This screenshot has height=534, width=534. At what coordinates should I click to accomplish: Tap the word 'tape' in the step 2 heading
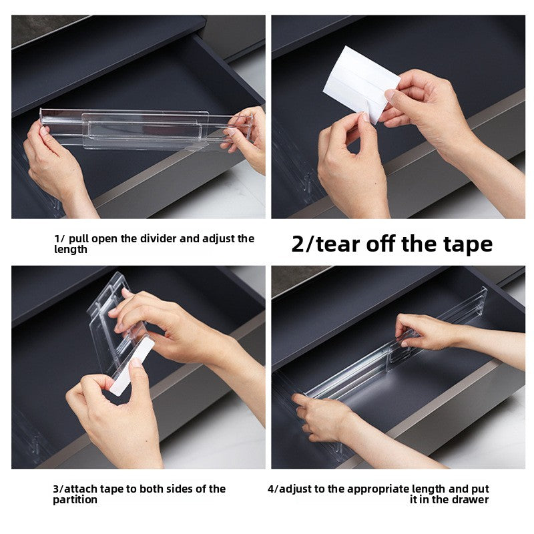[x=467, y=244]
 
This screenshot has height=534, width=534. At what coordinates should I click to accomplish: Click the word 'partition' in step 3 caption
[x=75, y=500]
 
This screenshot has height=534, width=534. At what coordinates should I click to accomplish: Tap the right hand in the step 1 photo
[x=246, y=137]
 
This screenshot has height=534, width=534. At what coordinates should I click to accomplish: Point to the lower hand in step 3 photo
[x=110, y=414]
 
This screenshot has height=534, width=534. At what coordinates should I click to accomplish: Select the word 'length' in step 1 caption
[x=71, y=249]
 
